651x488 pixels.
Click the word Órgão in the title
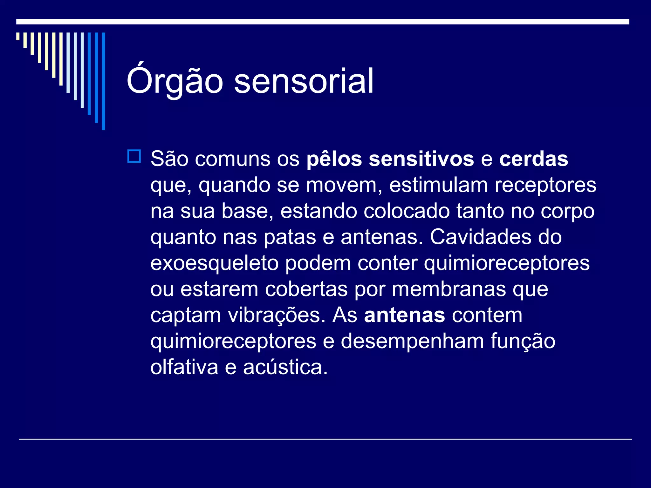tap(175, 81)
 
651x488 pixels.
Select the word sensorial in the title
tap(304, 81)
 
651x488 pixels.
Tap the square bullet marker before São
tap(134, 156)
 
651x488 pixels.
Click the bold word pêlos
tap(334, 159)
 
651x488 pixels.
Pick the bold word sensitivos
tap(421, 159)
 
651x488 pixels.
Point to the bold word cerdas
tap(533, 159)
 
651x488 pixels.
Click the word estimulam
tap(438, 185)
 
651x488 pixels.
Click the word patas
tap(290, 237)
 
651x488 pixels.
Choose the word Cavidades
tap(480, 237)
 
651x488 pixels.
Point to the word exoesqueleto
tap(214, 264)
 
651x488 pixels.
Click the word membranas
tap(449, 289)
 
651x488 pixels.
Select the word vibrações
tap(277, 315)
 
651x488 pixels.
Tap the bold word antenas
tap(404, 315)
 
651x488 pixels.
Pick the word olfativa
tap(184, 368)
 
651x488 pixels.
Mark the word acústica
tap(285, 368)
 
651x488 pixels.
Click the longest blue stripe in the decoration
tap(103, 81)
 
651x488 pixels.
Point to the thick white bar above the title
tap(323, 22)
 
